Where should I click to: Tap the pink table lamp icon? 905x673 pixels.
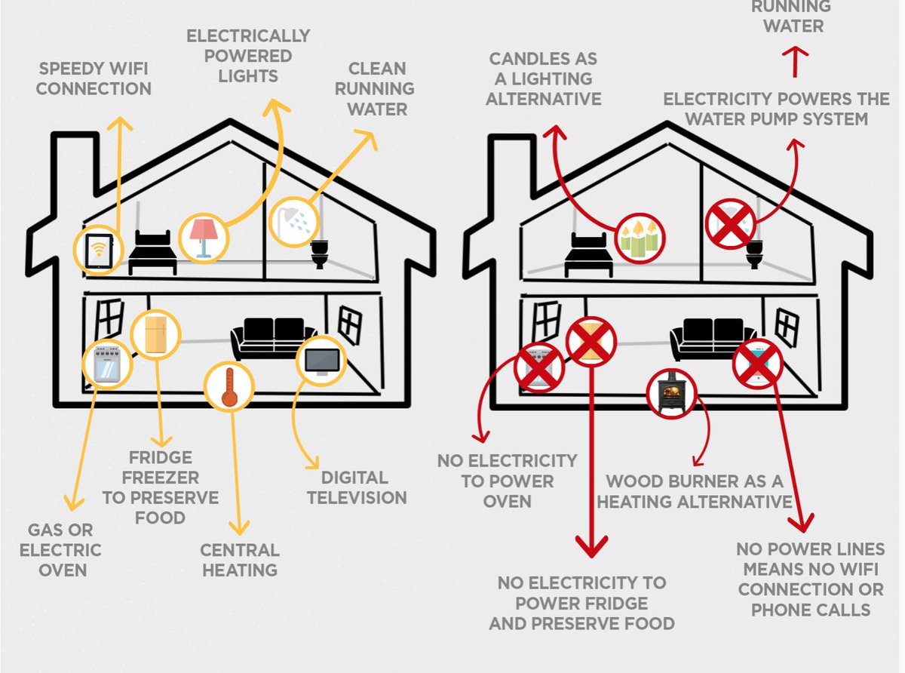click(202, 238)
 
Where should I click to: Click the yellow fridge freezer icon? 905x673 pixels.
click(155, 336)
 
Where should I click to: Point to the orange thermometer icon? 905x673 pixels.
click(229, 386)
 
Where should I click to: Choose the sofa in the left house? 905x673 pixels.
click(274, 338)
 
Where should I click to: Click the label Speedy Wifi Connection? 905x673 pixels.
click(94, 78)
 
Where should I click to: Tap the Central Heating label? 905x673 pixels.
click(240, 559)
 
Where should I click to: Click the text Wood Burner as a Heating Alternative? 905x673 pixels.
click(695, 491)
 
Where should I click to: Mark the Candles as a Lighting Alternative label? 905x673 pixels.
click(543, 78)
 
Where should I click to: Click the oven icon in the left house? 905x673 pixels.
click(106, 364)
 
